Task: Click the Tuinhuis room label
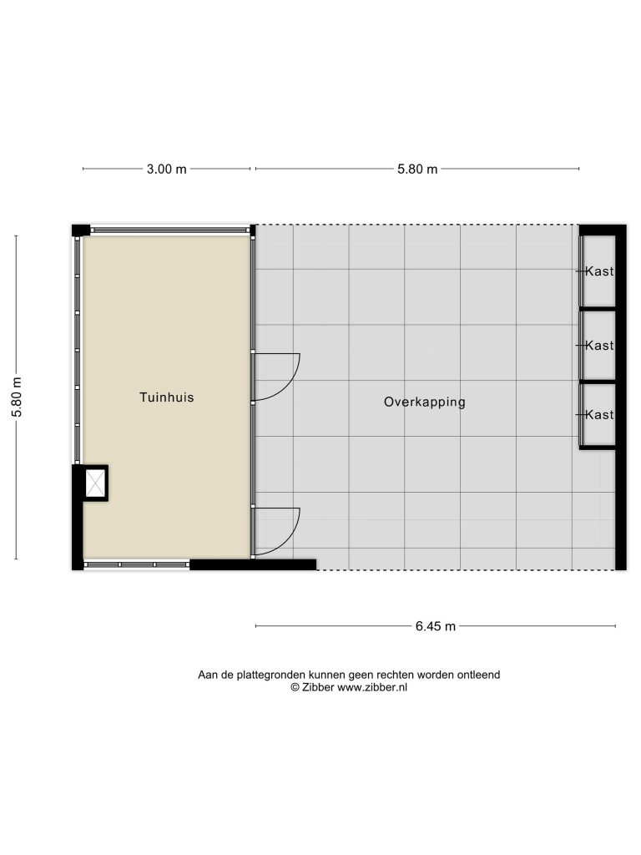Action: [x=167, y=397]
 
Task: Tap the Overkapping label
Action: [x=425, y=402]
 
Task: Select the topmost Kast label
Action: [x=599, y=271]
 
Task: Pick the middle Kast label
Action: [x=599, y=345]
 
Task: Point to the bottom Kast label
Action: [x=599, y=414]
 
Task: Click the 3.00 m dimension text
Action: [x=166, y=169]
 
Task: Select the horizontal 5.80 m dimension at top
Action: [x=417, y=169]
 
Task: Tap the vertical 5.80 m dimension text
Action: [x=17, y=397]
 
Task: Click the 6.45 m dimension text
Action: [x=436, y=626]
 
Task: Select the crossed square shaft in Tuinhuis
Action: [x=95, y=483]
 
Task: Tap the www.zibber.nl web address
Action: [x=372, y=688]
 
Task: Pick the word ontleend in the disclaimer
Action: [x=478, y=675]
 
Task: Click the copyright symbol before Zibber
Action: [x=295, y=688]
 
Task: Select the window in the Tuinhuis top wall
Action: [x=168, y=230]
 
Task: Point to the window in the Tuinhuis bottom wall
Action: [x=137, y=565]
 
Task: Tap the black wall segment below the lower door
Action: [x=253, y=565]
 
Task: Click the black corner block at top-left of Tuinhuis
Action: [x=81, y=230]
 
